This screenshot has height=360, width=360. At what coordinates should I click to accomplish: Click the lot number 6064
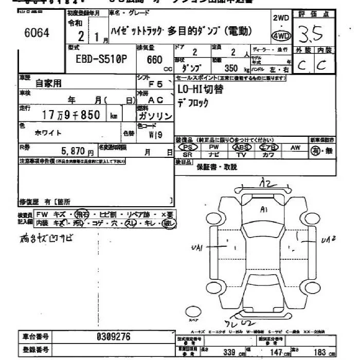[x=37, y=33]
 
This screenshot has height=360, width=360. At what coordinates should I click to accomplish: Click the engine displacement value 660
[x=154, y=60]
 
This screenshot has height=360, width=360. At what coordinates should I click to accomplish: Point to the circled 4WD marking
[x=280, y=36]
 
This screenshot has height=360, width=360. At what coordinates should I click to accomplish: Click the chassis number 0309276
[x=114, y=337]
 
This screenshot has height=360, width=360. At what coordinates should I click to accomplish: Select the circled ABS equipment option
[x=241, y=147]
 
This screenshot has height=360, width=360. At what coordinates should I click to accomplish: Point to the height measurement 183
[x=319, y=352]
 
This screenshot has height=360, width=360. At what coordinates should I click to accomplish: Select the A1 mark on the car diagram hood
[x=264, y=209]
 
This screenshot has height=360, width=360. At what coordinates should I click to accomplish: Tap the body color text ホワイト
[x=49, y=133]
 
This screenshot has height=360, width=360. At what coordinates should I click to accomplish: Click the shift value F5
[x=156, y=82]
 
